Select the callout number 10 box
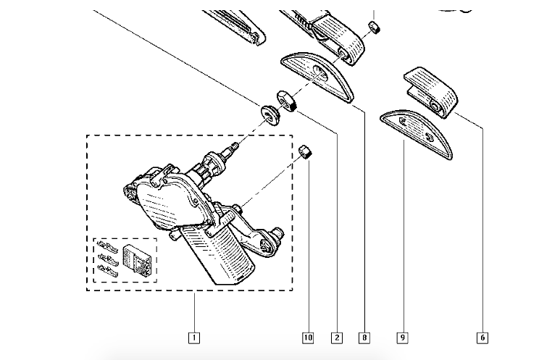[x=308, y=337]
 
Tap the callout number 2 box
[x=336, y=337]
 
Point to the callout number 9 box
[x=402, y=337]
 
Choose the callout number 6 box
[x=481, y=337]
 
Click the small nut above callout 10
[x=306, y=151]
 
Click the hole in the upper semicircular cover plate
[x=320, y=70]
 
